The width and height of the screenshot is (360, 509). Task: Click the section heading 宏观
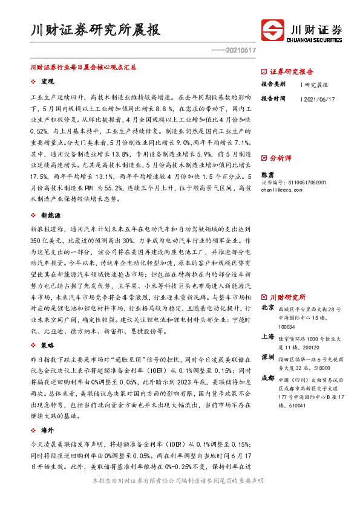[47, 81]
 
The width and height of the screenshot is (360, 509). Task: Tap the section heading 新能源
[50, 215]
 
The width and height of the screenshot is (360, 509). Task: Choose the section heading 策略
[47, 345]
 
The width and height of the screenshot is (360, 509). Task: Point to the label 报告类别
[273, 84]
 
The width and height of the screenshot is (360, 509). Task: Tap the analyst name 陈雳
[267, 173]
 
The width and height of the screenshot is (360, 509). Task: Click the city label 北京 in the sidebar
[267, 308]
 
